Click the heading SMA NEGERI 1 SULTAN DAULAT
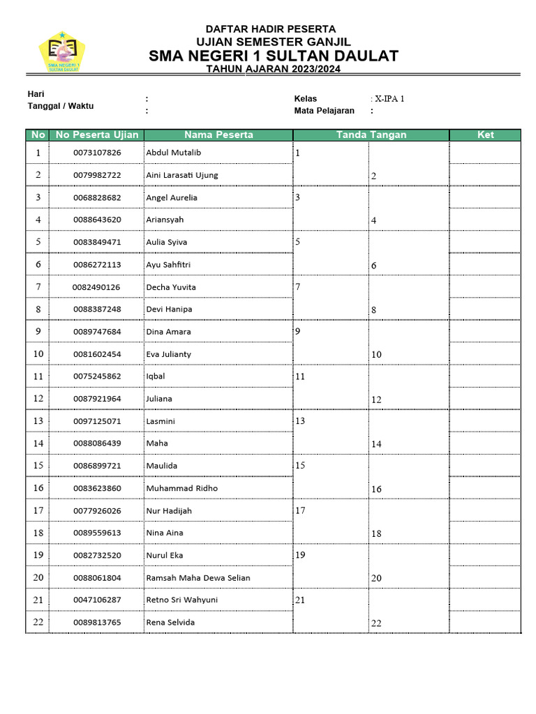click(x=273, y=56)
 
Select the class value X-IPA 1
click(x=389, y=99)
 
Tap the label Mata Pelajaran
click(x=324, y=111)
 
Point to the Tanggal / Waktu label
click(x=61, y=106)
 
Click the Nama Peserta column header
click(x=218, y=135)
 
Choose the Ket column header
click(x=485, y=135)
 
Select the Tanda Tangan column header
click(x=371, y=135)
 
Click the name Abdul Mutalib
click(x=173, y=152)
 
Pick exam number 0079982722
click(x=97, y=175)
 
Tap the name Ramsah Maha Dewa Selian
click(x=198, y=577)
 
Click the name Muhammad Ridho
click(x=181, y=488)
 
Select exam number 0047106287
click(x=97, y=600)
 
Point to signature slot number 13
click(x=301, y=421)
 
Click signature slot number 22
click(x=376, y=623)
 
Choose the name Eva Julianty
click(x=168, y=354)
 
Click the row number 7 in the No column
click(x=38, y=287)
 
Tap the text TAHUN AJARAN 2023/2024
click(x=273, y=69)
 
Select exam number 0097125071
click(x=97, y=421)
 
